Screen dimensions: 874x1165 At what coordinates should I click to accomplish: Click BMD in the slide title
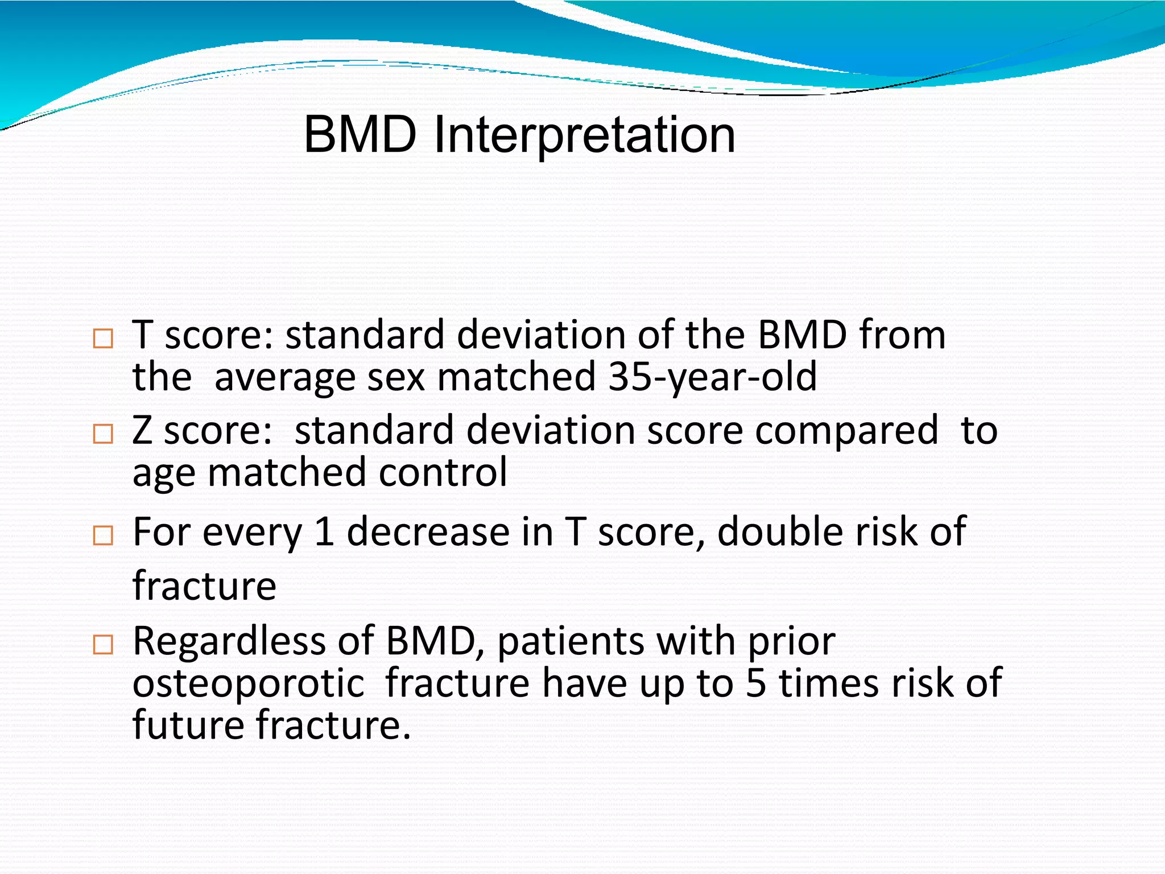click(360, 135)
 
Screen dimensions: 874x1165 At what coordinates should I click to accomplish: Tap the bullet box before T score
click(103, 339)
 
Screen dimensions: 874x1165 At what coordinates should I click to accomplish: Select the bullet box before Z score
click(103, 434)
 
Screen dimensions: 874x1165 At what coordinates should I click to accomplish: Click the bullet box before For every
click(103, 535)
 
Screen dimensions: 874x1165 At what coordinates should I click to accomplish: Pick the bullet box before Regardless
click(103, 645)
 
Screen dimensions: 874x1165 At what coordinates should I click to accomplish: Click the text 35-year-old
click(712, 377)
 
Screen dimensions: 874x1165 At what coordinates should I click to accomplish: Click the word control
click(443, 472)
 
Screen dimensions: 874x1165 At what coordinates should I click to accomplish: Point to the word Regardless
click(229, 641)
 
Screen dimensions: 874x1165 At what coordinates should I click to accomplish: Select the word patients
click(571, 641)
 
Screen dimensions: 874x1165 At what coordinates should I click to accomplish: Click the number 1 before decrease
click(324, 532)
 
